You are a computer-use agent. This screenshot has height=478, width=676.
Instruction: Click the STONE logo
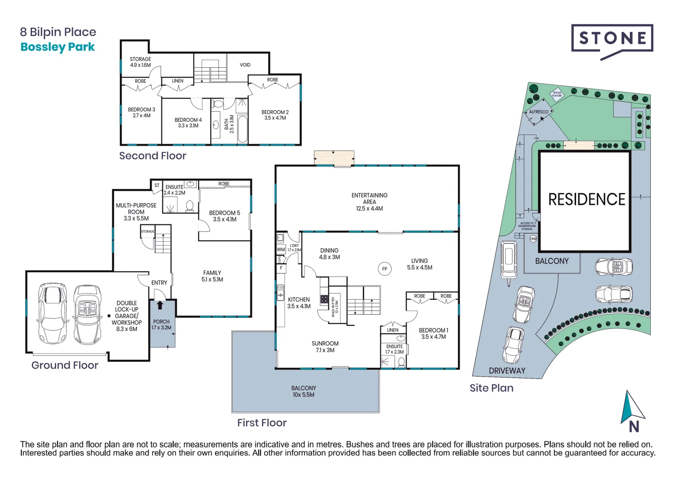pos(612,39)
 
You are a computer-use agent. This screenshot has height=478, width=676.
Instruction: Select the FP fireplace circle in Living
pos(384,269)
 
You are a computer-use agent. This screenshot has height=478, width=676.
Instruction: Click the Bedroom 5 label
pos(224,216)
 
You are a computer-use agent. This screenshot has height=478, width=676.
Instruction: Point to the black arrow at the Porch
pos(160,305)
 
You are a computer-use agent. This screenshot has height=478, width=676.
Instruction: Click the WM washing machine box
pos(280,250)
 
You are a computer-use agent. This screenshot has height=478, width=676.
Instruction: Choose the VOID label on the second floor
pos(245,65)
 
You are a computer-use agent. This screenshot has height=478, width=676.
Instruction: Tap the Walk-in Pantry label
pos(335,306)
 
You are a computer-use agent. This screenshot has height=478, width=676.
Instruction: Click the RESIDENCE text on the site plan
pos(586,200)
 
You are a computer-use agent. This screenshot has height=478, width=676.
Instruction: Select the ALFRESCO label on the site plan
pos(538,112)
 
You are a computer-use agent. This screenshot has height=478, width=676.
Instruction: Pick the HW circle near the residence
pos(533,239)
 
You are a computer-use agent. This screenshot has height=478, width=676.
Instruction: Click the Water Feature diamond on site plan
pos(557,95)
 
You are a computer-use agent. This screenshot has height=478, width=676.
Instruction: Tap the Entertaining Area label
pos(369,202)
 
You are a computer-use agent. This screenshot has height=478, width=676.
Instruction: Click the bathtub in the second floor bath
pos(242,129)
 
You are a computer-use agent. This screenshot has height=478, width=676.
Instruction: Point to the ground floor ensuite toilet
pos(189,206)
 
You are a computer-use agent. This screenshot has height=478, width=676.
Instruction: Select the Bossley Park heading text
pos(58,47)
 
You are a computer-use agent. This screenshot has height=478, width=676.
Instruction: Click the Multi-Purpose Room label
pos(136,212)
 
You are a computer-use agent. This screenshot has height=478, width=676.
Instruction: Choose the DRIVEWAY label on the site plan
pos(507,371)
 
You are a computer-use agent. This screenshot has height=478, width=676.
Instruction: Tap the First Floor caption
pos(261,423)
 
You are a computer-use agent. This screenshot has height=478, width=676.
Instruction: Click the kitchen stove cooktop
pos(324,300)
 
